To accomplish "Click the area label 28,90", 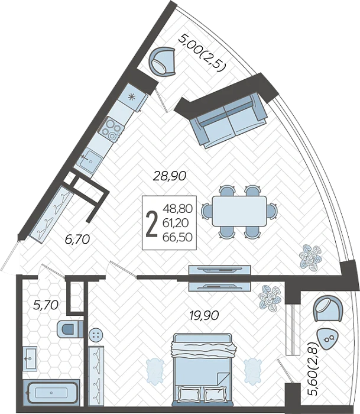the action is [170, 176].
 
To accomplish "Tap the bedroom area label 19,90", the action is [205, 315].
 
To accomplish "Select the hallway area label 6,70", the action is [77, 239].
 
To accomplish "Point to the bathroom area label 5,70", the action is [46, 305].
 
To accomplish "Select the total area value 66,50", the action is [177, 237].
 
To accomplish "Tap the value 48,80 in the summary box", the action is [177, 209].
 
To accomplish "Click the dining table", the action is [239, 211].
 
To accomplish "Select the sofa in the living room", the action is [229, 121].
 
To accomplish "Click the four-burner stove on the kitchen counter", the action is [111, 128].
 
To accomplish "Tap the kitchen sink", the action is [90, 160].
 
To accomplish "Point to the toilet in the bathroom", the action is [70, 329].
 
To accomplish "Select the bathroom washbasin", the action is [30, 358].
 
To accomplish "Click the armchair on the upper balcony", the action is [163, 62].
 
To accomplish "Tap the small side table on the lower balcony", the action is [327, 339].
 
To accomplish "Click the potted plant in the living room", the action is [311, 257].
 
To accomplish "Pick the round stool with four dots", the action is [96, 335].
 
